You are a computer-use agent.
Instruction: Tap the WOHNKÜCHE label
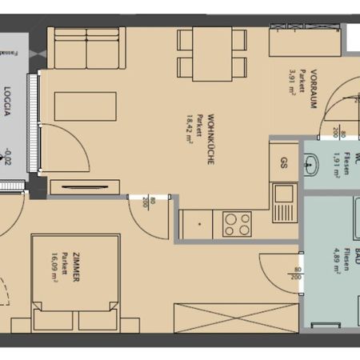tap(210, 139)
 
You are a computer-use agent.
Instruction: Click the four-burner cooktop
tap(238, 223)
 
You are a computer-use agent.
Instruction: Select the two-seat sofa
tap(86, 49)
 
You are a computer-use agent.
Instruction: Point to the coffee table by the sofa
tap(85, 107)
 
